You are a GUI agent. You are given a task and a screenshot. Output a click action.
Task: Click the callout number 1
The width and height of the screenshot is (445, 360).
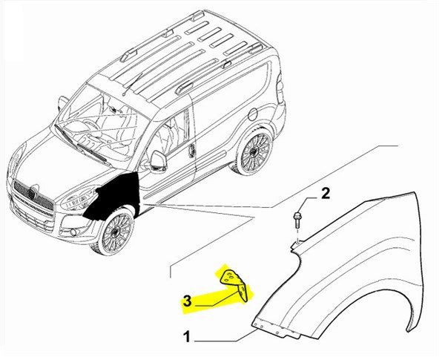click(186, 337)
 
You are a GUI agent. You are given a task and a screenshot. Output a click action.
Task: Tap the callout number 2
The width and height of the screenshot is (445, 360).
click(326, 194)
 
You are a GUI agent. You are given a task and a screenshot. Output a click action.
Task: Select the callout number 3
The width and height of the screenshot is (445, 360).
click(188, 301)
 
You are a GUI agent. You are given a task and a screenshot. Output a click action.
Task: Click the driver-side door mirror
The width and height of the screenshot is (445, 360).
click(157, 162)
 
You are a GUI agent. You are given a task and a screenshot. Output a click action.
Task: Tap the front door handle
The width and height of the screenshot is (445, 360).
click(193, 148)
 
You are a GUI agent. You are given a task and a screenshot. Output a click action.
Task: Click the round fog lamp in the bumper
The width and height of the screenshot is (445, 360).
click(73, 232)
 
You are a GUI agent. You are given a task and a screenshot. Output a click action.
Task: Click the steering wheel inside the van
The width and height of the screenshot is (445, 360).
click(91, 124)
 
